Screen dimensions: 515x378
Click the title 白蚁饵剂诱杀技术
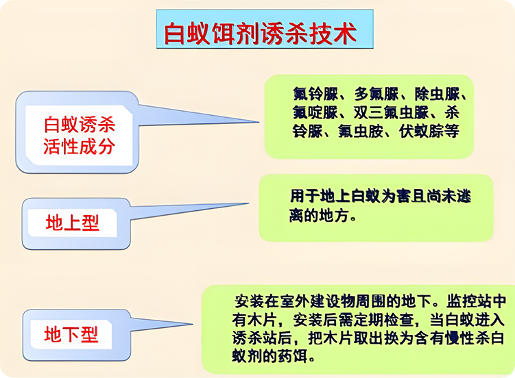[260, 34]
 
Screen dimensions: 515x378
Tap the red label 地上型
[72, 223]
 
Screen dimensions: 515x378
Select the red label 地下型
[71, 334]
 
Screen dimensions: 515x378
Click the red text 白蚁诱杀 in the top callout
[79, 125]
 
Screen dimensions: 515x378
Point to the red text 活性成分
[79, 147]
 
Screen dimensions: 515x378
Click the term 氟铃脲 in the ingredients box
[315, 94]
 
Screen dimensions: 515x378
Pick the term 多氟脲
[376, 94]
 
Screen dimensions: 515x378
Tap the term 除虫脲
[437, 94]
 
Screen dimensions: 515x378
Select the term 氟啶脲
[315, 113]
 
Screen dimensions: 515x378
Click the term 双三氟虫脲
[391, 113]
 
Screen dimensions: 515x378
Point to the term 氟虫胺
[361, 131]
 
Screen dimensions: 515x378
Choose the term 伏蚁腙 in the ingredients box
[421, 131]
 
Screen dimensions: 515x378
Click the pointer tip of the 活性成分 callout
[259, 123]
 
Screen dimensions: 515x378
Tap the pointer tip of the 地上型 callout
[248, 203]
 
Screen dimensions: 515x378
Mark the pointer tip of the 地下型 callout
[193, 325]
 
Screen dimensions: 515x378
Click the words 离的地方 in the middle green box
[319, 216]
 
